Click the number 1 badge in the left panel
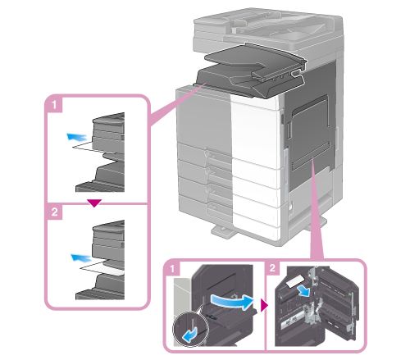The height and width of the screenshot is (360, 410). [54, 104]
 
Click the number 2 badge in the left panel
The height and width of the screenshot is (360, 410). [54, 212]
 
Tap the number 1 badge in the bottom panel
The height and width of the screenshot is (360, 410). [172, 268]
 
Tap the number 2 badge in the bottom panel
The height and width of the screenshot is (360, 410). [272, 268]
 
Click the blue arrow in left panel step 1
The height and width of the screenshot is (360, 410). [77, 137]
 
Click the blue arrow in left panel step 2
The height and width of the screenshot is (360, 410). [81, 257]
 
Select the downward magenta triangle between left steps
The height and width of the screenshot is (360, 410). [94, 203]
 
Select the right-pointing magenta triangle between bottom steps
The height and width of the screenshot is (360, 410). [265, 305]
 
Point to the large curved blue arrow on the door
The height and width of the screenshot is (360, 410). [232, 302]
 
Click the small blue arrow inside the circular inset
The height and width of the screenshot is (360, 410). [189, 335]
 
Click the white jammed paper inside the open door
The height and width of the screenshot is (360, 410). [295, 281]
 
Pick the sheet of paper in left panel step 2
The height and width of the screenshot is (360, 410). [102, 268]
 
